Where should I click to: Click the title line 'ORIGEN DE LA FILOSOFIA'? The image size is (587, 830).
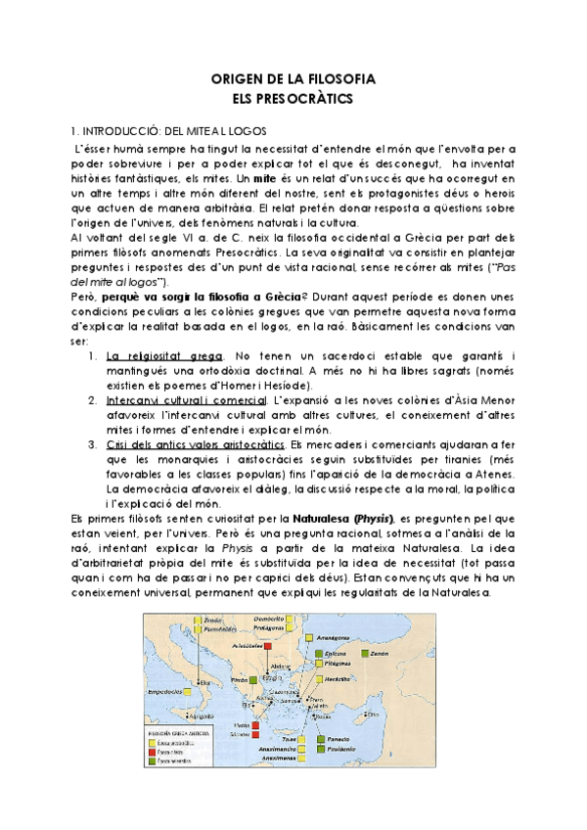294,79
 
